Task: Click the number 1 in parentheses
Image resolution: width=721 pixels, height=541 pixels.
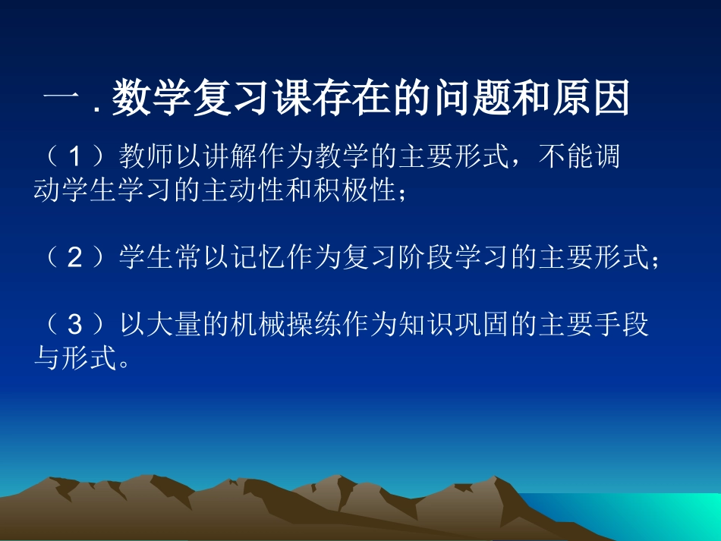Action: pos(74,158)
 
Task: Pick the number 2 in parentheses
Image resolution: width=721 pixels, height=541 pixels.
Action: pos(74,259)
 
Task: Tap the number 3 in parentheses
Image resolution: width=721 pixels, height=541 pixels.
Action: pos(74,326)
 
